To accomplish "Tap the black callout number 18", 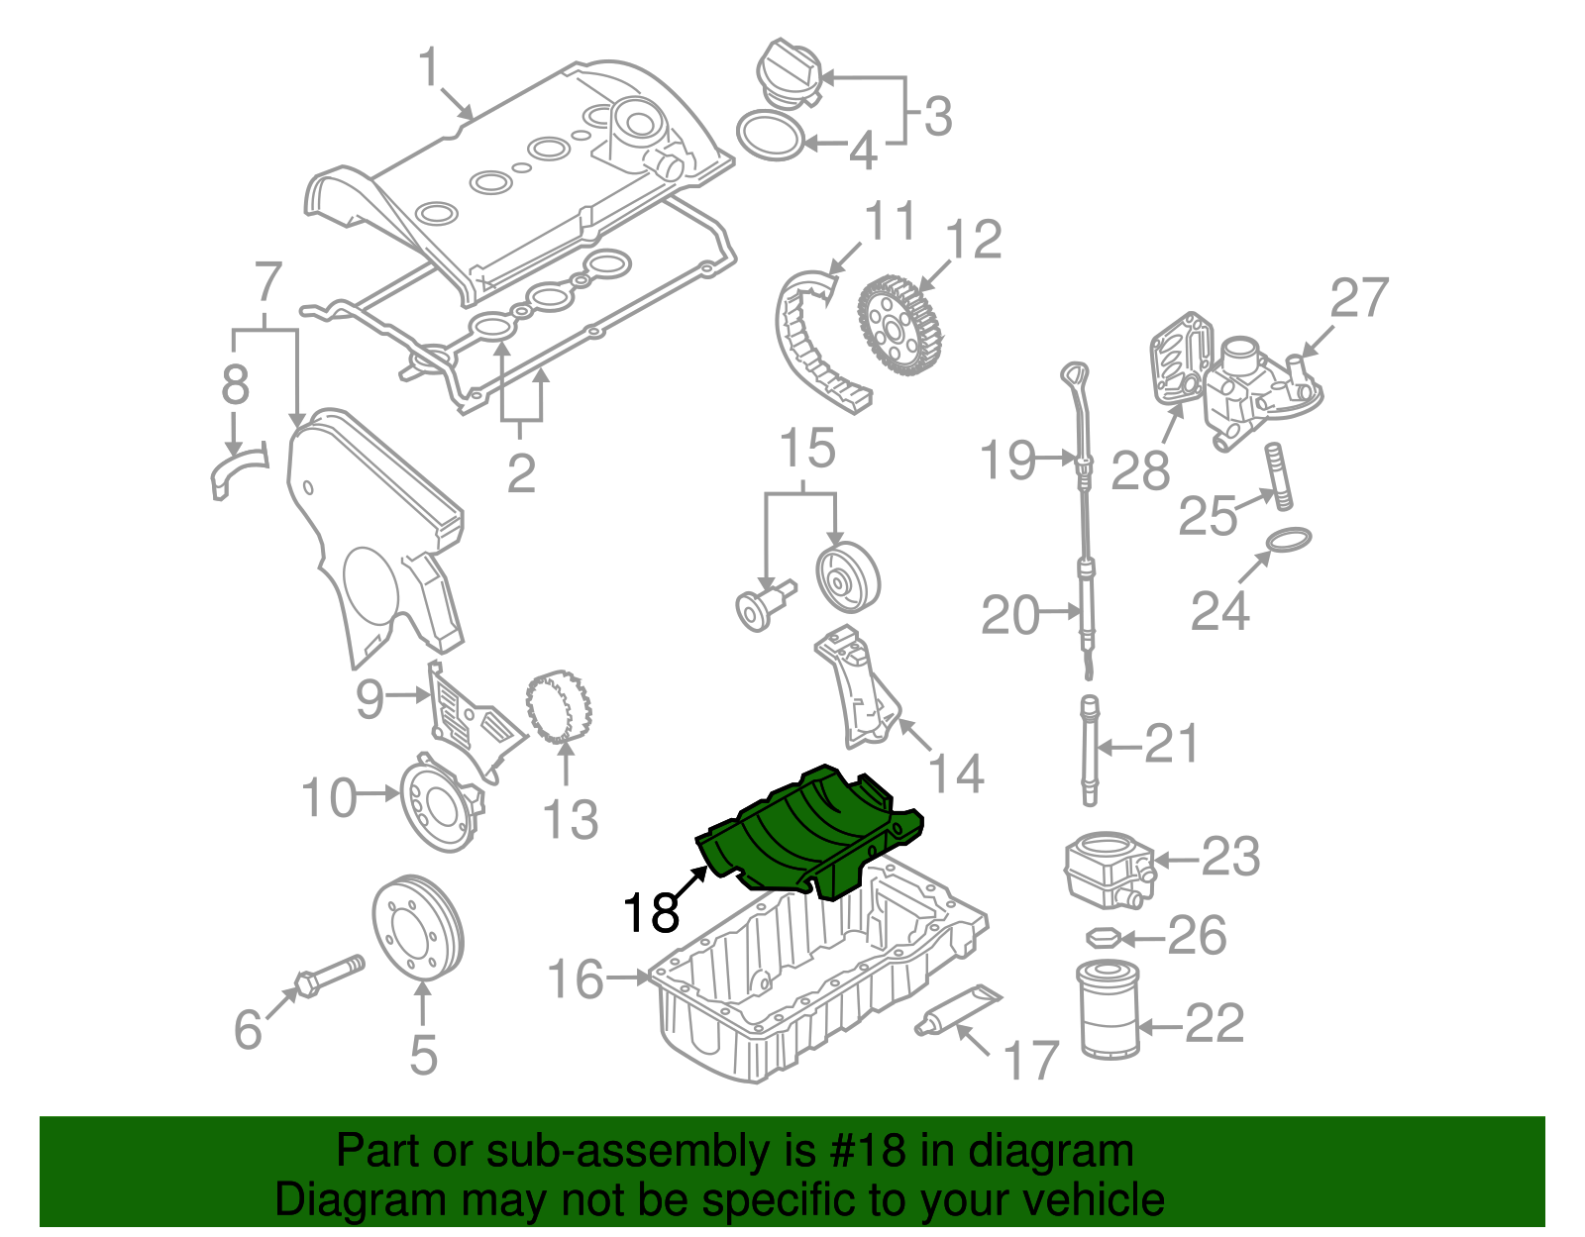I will point(651,912).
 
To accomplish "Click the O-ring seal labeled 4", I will point(771,137).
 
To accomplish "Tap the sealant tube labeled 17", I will point(959,1011).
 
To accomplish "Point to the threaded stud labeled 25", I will point(1278,477).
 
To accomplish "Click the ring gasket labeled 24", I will point(1289,541).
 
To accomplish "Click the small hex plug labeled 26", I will point(1103,936).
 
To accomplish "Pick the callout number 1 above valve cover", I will point(428,69).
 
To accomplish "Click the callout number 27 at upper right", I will point(1358,297).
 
